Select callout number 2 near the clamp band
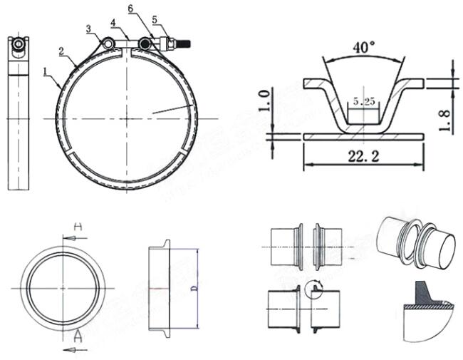point(63,51)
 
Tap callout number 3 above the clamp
point(89,29)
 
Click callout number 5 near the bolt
point(155,19)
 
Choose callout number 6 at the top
point(130,9)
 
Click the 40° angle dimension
point(364,48)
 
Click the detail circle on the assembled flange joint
point(313,289)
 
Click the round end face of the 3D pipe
point(443,249)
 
